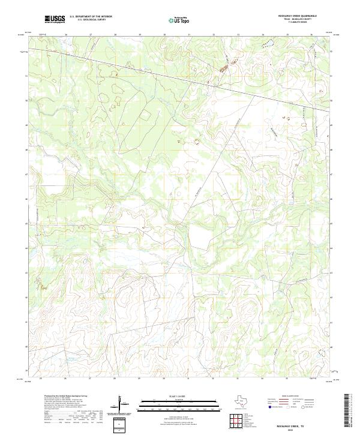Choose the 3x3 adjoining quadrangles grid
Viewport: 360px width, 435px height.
240,422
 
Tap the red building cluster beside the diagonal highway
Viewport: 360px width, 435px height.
224,68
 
